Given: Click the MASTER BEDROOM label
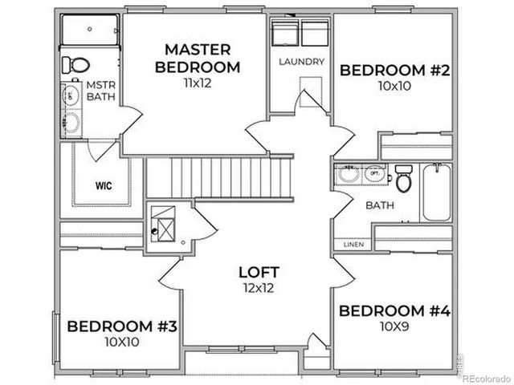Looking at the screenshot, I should [x=197, y=58].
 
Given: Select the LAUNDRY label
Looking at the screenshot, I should [x=301, y=62].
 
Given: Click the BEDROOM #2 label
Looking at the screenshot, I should [x=394, y=70].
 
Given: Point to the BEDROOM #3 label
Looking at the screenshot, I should [x=122, y=326].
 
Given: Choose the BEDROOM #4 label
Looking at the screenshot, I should [x=393, y=310].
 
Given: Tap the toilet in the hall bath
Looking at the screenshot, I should [x=403, y=178].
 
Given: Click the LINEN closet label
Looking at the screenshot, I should [x=353, y=244].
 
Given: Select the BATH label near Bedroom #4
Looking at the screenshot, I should [x=380, y=205].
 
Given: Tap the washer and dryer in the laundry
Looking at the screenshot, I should [x=301, y=34].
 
